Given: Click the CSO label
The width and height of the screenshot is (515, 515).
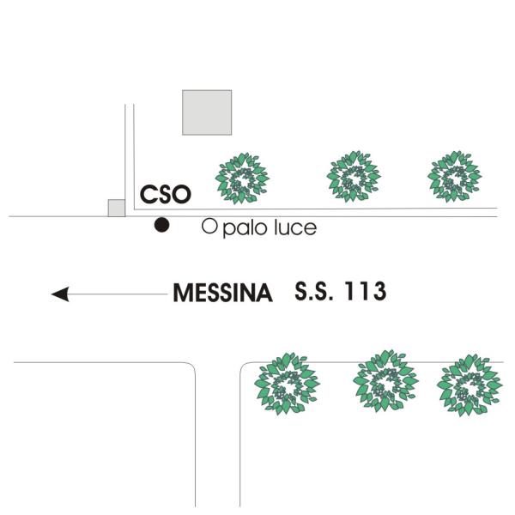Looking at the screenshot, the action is click(x=166, y=194).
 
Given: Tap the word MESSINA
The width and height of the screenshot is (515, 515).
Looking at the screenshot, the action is click(x=222, y=293).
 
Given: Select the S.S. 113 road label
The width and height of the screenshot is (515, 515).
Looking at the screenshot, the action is click(x=341, y=291).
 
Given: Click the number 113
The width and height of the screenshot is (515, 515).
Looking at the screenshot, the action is click(x=366, y=291).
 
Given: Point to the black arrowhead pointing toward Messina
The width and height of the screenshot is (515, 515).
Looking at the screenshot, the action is click(x=60, y=294).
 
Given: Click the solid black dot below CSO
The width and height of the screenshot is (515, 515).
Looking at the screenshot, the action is click(x=161, y=225).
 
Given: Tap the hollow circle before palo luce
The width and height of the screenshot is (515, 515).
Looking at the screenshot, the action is click(x=209, y=227).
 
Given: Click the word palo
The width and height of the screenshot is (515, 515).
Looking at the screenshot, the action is click(x=245, y=228).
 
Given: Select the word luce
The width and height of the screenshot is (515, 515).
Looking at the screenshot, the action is click(x=295, y=227).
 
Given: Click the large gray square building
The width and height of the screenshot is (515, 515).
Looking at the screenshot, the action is click(x=207, y=112).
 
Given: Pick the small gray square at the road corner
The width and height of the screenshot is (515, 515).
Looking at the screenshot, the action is click(x=117, y=208).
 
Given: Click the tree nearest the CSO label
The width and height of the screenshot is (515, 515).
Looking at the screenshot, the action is click(x=242, y=179).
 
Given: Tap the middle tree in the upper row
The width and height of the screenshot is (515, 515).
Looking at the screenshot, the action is click(x=354, y=176).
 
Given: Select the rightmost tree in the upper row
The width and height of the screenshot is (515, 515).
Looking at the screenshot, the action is click(x=455, y=176).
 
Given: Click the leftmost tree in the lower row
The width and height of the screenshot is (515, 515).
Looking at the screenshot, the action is click(x=287, y=384).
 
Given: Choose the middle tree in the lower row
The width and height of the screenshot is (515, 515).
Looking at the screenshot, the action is click(x=385, y=381).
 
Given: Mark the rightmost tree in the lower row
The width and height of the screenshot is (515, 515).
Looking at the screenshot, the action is click(x=470, y=385).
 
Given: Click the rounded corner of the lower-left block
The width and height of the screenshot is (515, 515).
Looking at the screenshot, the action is click(x=192, y=366).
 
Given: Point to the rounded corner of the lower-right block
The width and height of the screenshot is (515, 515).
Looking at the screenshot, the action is click(x=244, y=366).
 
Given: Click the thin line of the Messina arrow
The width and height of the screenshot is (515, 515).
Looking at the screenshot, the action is click(x=118, y=294).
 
